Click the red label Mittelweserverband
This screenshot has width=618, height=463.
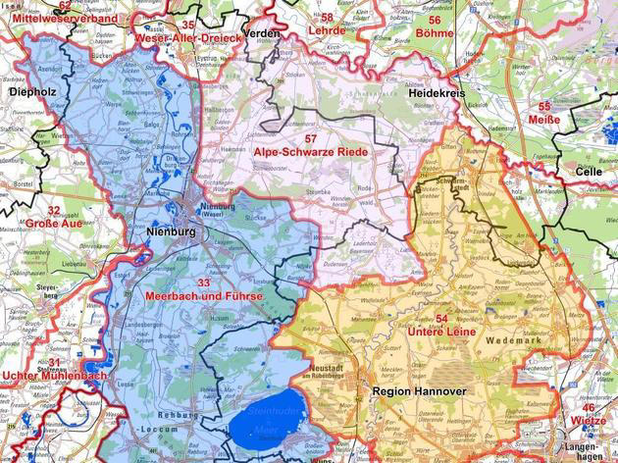coord(52,18)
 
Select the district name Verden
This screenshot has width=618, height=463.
coord(262,33)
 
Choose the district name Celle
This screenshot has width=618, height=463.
coord(589,171)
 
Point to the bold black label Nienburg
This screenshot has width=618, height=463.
coord(171,231)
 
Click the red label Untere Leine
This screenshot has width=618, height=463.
coord(441,333)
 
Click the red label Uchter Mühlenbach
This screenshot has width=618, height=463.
coord(55,376)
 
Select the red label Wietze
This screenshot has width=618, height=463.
coord(588,420)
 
